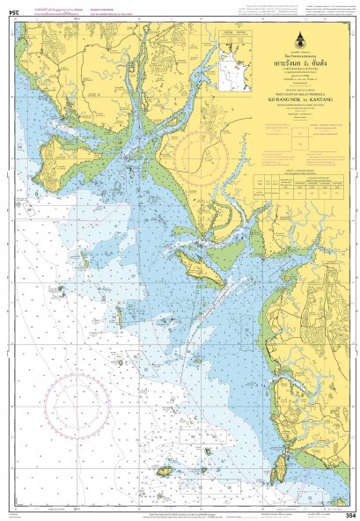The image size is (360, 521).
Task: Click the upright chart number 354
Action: (x=349, y=513)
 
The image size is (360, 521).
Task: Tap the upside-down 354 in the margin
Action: (x=11, y=8)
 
